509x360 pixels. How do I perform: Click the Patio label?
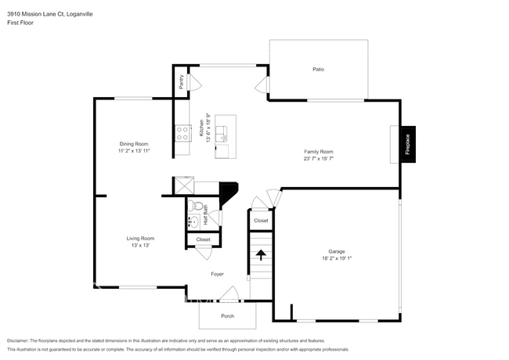point(318,70)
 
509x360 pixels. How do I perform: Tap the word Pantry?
point(181,81)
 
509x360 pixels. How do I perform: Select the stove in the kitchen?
point(182,133)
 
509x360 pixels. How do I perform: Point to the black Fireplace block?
point(409,143)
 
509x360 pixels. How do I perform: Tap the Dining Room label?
point(134,144)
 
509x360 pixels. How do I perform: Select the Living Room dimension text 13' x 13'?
point(141,246)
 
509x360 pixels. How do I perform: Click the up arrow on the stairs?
point(260,254)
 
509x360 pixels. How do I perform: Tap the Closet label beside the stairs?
point(261,221)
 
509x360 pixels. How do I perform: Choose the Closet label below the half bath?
point(203,239)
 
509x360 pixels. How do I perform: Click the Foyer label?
point(218,274)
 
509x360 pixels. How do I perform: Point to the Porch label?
point(227,316)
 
